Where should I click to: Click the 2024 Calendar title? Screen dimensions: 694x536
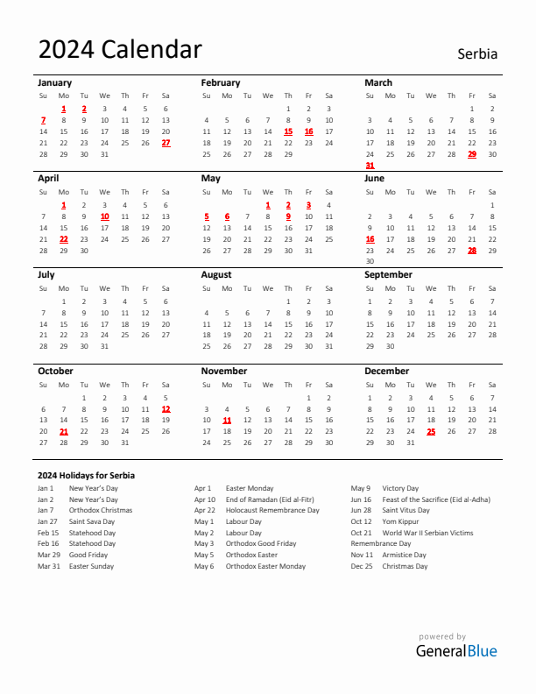click(120, 50)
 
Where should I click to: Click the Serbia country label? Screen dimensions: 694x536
click(476, 53)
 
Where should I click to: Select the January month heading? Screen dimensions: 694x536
click(55, 82)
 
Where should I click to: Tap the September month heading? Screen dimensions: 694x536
click(388, 274)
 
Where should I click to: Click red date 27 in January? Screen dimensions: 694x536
click(166, 143)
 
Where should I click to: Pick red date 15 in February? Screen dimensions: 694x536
click(288, 131)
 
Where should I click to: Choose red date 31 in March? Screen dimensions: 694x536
click(370, 165)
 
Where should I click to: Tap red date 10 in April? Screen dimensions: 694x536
click(104, 216)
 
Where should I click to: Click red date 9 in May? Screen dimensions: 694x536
click(288, 216)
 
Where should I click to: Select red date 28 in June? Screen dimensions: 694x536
click(472, 250)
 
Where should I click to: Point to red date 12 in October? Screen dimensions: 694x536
click(166, 408)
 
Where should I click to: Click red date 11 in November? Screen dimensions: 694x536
click(227, 420)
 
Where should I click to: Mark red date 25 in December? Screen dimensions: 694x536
click(431, 431)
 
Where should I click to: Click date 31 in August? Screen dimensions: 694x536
click(329, 346)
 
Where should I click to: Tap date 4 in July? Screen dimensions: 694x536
click(124, 301)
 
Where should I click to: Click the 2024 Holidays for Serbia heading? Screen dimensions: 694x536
click(86, 475)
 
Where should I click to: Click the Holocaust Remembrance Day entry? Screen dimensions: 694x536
click(272, 510)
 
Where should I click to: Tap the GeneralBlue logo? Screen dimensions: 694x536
click(456, 650)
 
